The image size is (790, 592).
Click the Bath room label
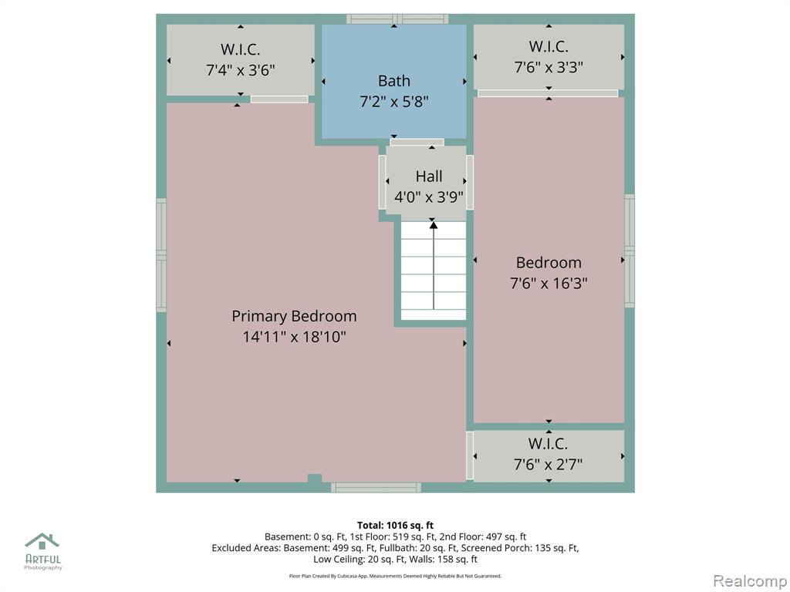click(394, 80)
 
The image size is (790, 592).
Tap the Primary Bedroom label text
click(294, 316)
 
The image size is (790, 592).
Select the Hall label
click(429, 177)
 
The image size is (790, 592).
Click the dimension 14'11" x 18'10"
click(294, 336)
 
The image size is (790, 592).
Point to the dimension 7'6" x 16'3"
click(549, 283)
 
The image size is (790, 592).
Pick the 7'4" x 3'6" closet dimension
click(241, 69)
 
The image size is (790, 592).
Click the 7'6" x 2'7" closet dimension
click(549, 463)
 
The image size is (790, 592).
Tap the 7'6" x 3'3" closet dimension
click(549, 66)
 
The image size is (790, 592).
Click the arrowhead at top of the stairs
click(434, 225)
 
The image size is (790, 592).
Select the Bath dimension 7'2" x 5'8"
click(394, 102)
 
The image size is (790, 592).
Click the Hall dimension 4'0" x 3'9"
click(429, 197)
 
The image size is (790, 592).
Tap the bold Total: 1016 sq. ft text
click(396, 526)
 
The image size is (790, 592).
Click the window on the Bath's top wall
click(397, 19)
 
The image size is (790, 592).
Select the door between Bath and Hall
click(417, 143)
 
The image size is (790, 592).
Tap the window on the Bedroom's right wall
click(630, 251)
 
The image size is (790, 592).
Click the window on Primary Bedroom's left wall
click(161, 255)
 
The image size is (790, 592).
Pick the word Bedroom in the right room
click(549, 262)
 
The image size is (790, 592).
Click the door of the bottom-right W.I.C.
click(470, 455)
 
